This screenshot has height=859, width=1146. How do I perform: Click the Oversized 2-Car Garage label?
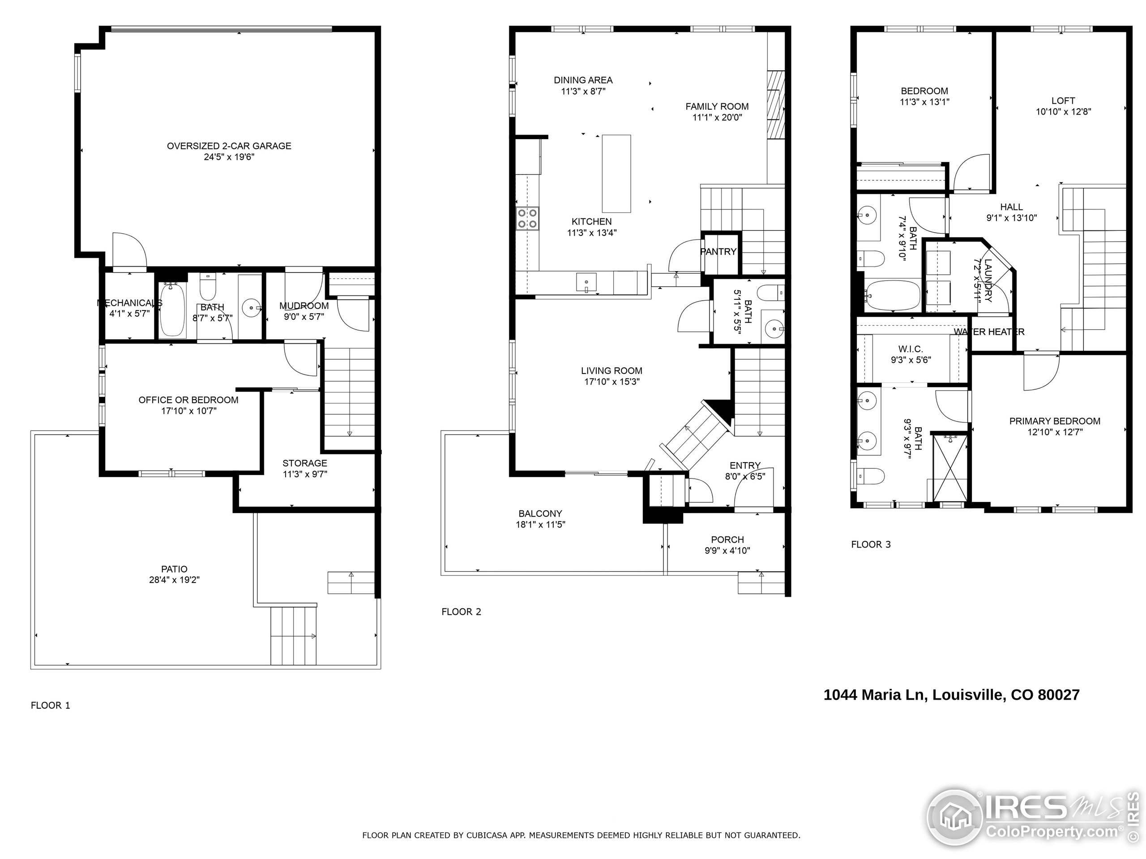pyautogui.click(x=229, y=146)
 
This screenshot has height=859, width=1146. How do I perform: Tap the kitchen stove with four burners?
pyautogui.click(x=527, y=217)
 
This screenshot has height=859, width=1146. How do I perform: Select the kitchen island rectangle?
pyautogui.click(x=616, y=173)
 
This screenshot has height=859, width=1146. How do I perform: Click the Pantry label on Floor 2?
pyautogui.click(x=718, y=251)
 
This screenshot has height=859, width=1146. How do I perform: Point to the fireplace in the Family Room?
pyautogui.click(x=776, y=105)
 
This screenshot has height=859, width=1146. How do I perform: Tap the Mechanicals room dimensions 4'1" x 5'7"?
pyautogui.click(x=129, y=313)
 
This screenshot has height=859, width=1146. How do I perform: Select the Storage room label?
pyautogui.click(x=305, y=464)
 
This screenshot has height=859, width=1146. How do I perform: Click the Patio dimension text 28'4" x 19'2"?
pyautogui.click(x=174, y=580)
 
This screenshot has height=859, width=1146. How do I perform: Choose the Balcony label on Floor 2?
pyautogui.click(x=540, y=514)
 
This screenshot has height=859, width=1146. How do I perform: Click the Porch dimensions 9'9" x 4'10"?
pyautogui.click(x=727, y=550)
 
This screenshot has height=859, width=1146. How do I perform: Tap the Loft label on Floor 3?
pyautogui.click(x=1063, y=101)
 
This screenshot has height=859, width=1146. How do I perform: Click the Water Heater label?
pyautogui.click(x=989, y=332)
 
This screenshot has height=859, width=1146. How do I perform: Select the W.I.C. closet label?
pyautogui.click(x=910, y=349)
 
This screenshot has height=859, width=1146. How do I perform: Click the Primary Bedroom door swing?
pyautogui.click(x=1040, y=373)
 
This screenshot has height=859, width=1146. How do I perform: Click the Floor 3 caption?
pyautogui.click(x=870, y=544)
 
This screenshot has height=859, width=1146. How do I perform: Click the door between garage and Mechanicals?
pyautogui.click(x=128, y=251)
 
